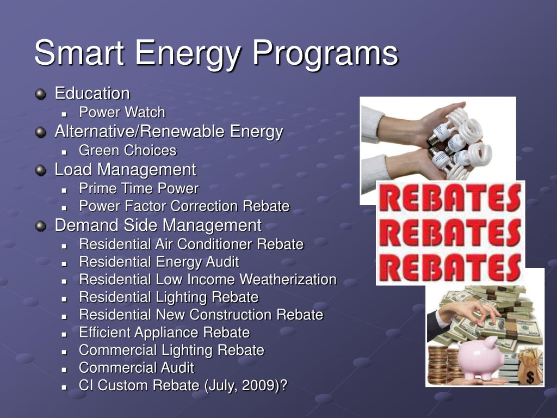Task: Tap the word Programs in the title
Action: point(325,54)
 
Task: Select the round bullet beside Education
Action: point(40,94)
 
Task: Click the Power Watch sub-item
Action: point(122,112)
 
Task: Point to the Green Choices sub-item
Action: point(127,150)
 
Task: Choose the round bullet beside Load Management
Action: point(40,170)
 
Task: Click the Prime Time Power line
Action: point(139,188)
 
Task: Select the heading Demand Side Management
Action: point(158,225)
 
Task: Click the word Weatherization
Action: point(288,279)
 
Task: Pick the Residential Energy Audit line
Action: point(159,262)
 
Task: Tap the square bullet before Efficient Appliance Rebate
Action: point(64,334)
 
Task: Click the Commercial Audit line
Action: point(137,367)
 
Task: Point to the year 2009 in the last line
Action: point(258,385)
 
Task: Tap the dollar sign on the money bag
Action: point(530,377)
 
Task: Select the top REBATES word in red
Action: point(450,198)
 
